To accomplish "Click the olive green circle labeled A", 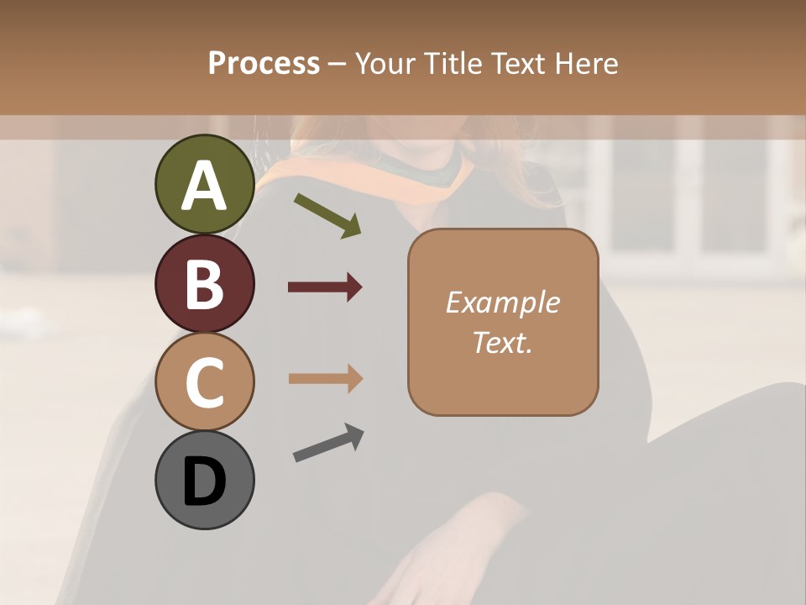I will click(204, 184).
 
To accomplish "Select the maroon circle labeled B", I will click(204, 283).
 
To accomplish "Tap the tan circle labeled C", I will click(204, 382).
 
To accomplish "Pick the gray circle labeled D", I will click(204, 480).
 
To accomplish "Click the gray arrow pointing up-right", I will click(328, 443).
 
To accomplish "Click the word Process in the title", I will click(264, 63).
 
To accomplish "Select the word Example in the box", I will click(502, 302).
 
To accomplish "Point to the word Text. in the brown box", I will click(502, 342).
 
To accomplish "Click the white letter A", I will click(204, 186).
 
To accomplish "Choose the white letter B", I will click(204, 284).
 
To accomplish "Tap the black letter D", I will click(204, 481).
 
